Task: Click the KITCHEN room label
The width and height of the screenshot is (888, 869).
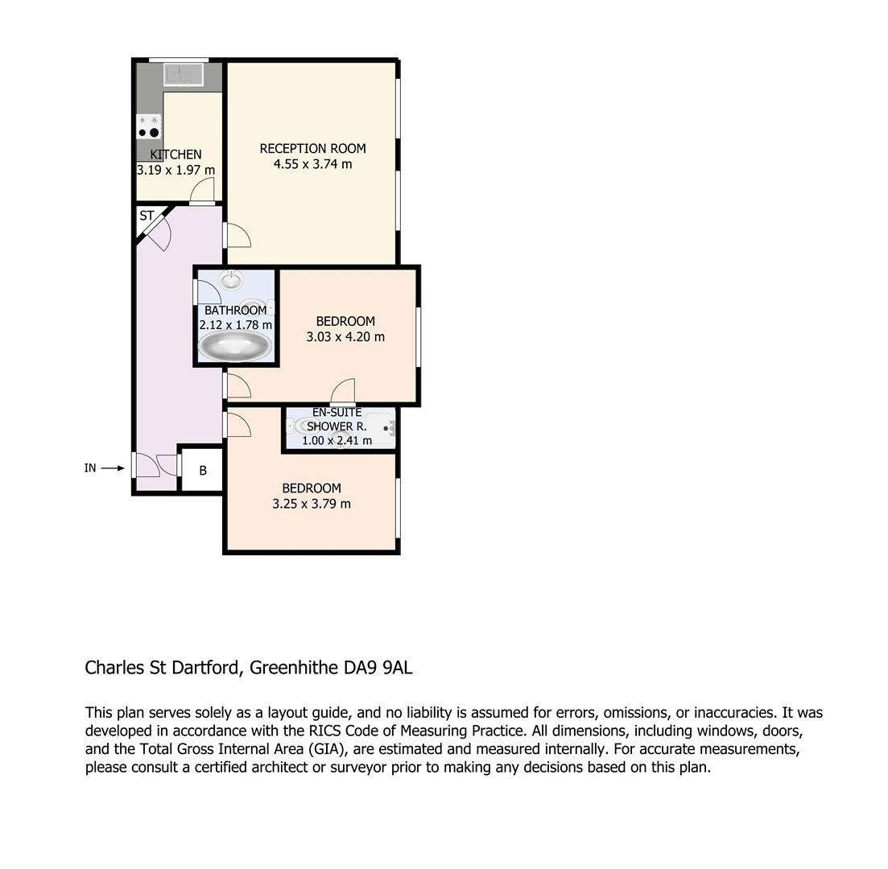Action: point(176,154)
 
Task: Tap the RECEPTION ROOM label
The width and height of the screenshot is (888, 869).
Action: point(312,148)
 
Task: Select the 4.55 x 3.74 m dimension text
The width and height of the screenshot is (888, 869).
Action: point(312,164)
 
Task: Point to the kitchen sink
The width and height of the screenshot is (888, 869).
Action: point(184,74)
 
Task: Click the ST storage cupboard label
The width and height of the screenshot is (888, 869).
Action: point(147,216)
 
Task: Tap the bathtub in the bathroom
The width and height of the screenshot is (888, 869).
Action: point(235,345)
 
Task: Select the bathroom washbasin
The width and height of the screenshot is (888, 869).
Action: point(231,280)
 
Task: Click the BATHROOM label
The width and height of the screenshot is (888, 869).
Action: point(236,311)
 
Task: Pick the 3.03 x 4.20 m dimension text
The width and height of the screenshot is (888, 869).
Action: point(345,337)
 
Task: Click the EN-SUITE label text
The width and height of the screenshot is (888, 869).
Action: point(337,413)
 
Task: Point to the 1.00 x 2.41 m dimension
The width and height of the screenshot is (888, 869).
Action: point(337,440)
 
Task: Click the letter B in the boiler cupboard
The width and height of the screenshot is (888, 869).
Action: point(203,471)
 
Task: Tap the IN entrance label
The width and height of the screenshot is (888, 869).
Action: point(90,468)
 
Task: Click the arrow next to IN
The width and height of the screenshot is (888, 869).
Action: point(113,468)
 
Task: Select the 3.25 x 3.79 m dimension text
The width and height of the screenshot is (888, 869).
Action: point(312,504)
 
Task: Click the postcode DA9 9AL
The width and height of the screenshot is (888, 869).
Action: point(378,668)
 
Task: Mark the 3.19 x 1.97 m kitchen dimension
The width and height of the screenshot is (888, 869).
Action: point(176,170)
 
